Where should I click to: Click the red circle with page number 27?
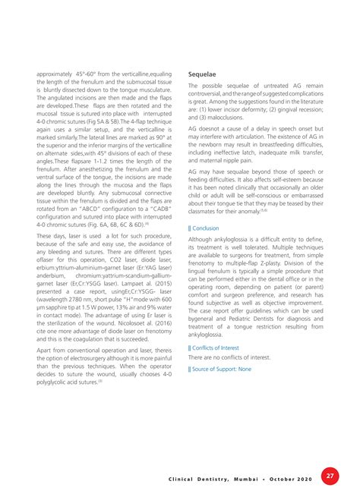pyautogui.click(x=330, y=476)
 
